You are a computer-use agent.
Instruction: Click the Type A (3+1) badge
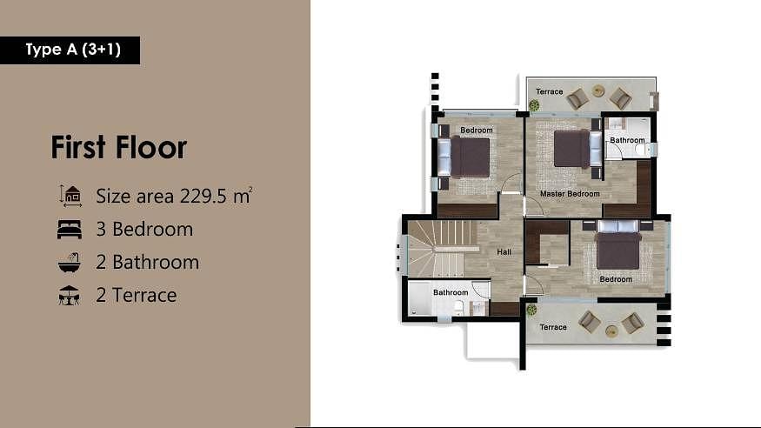click(70, 50)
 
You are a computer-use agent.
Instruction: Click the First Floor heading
click(119, 148)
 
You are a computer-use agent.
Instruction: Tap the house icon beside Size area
click(70, 196)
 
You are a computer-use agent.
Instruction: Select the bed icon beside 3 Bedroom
click(70, 229)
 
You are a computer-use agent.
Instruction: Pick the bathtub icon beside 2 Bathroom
click(70, 262)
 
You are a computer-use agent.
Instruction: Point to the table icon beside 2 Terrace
click(69, 295)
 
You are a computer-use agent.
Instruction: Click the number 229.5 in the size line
click(204, 196)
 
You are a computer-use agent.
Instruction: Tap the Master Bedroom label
click(570, 194)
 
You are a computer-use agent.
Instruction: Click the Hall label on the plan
click(504, 252)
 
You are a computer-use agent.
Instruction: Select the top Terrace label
click(550, 91)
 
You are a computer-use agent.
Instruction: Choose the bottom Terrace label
click(553, 327)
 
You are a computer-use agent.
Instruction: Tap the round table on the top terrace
click(598, 90)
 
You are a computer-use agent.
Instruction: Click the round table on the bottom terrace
click(611, 331)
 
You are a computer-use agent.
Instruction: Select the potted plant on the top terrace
click(534, 104)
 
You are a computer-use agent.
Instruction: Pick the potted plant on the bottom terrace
click(531, 310)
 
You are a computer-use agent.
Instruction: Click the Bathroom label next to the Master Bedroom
click(628, 140)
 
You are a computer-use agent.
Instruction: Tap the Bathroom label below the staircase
click(451, 292)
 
